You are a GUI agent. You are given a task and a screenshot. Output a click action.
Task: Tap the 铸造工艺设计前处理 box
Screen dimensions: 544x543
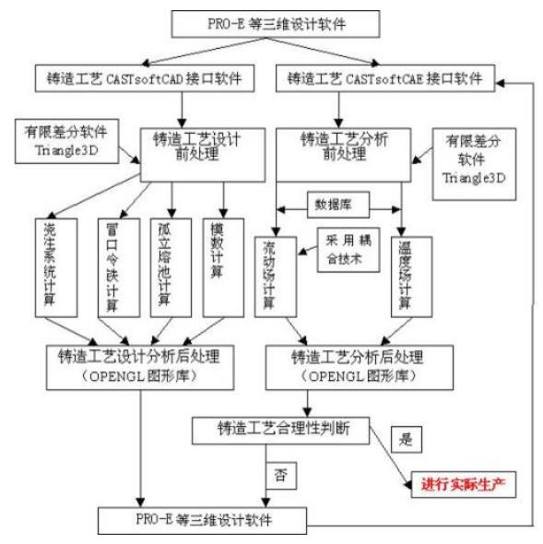(191, 148)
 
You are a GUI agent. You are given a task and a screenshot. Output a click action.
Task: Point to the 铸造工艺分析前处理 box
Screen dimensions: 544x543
(343, 148)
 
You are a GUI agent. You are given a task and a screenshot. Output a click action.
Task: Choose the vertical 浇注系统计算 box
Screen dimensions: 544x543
(51, 266)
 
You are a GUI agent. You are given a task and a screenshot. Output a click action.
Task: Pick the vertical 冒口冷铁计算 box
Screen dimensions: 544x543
(112, 266)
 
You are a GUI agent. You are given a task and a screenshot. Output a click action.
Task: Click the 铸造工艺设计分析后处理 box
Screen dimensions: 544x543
(139, 366)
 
